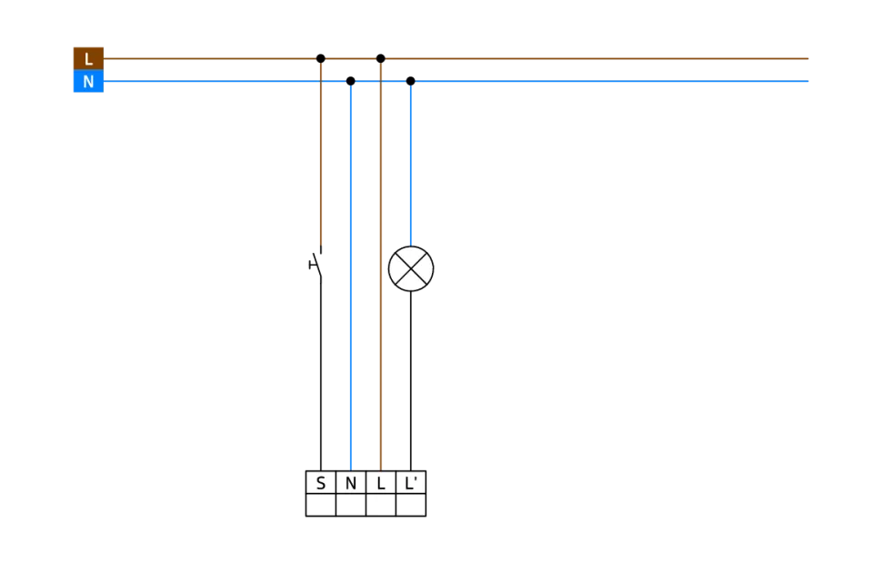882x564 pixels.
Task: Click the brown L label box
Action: (x=88, y=58)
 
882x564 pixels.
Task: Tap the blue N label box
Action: (x=88, y=83)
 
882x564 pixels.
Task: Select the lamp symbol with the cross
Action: (x=411, y=269)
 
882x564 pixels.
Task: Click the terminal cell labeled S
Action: (x=321, y=483)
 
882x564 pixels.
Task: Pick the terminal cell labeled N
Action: (x=351, y=483)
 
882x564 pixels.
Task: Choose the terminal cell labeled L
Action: (x=381, y=483)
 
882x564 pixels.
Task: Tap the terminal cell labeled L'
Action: (x=411, y=483)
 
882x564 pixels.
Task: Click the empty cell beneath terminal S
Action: (x=321, y=505)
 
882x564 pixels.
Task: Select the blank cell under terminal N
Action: (x=351, y=505)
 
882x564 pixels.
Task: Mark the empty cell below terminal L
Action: (x=381, y=505)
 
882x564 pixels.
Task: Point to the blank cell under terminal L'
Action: (x=411, y=505)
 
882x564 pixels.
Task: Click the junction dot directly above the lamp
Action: (x=411, y=83)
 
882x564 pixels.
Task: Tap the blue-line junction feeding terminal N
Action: (x=351, y=83)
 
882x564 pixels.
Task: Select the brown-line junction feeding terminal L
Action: (x=381, y=58)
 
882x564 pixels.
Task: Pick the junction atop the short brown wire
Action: (x=321, y=58)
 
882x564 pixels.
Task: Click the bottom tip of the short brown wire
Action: (x=321, y=245)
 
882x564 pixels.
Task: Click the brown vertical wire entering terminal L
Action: (x=381, y=364)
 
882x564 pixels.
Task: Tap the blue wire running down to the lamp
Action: (x=411, y=164)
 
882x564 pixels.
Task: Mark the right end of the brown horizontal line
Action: (x=811, y=58)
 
